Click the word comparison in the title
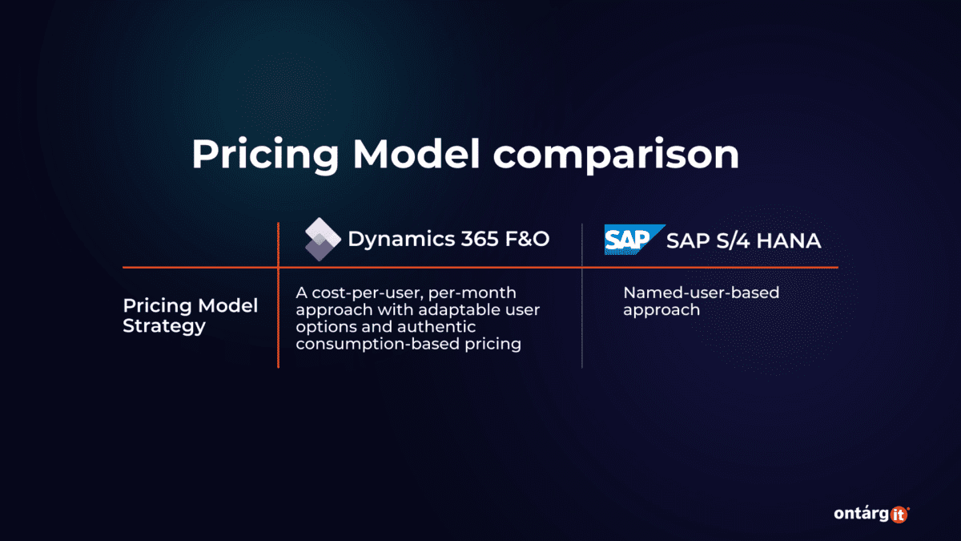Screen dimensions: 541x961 616,155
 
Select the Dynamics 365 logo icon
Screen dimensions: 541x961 323,240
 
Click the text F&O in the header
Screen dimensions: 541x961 527,240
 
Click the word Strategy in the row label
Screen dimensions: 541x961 164,326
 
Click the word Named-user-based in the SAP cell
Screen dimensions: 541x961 701,293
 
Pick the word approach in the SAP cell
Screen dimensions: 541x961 661,310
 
